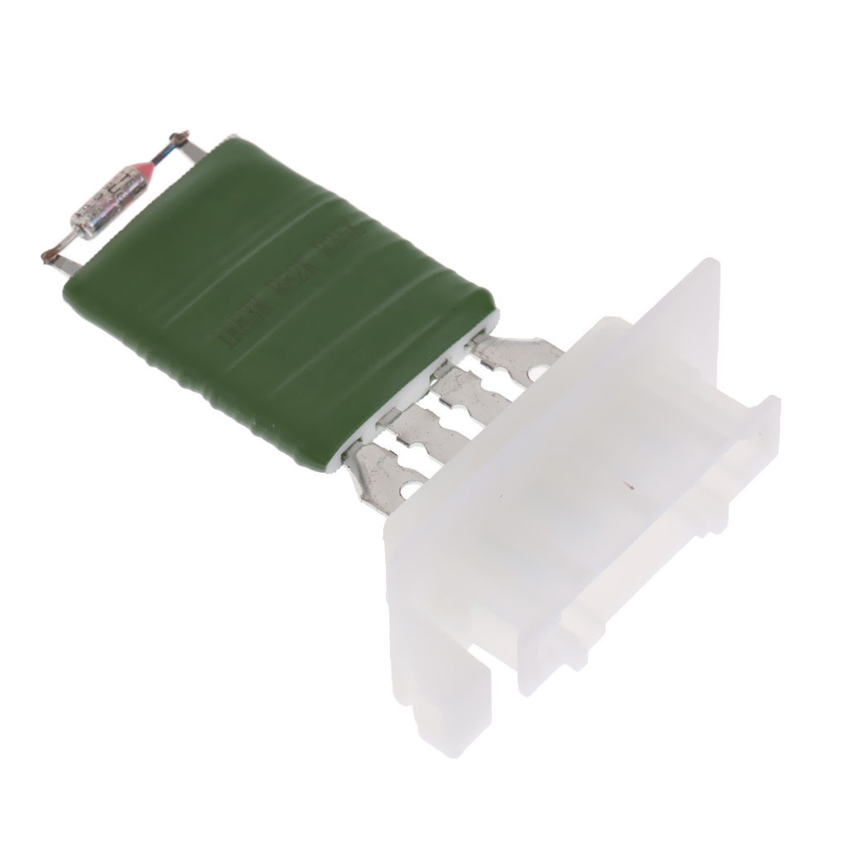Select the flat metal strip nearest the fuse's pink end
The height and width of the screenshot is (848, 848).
(191, 153)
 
